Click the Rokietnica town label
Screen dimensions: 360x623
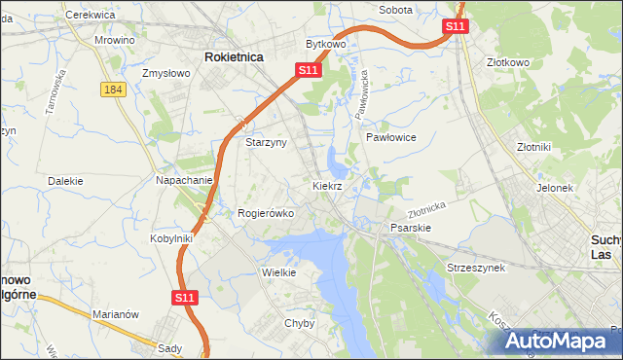(x=234, y=57)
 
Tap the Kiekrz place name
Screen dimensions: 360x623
(x=327, y=185)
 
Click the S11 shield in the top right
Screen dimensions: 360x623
(x=456, y=26)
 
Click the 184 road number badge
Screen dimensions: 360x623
(x=111, y=89)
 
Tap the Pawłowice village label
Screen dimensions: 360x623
(x=391, y=138)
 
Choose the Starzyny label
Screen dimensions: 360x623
(x=265, y=142)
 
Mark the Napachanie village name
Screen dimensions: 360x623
(x=184, y=181)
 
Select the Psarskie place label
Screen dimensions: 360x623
(x=411, y=228)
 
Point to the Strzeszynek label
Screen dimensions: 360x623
(x=476, y=268)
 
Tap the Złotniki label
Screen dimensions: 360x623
(x=534, y=147)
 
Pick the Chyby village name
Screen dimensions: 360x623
(x=299, y=323)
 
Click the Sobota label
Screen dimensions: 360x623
(x=395, y=10)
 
